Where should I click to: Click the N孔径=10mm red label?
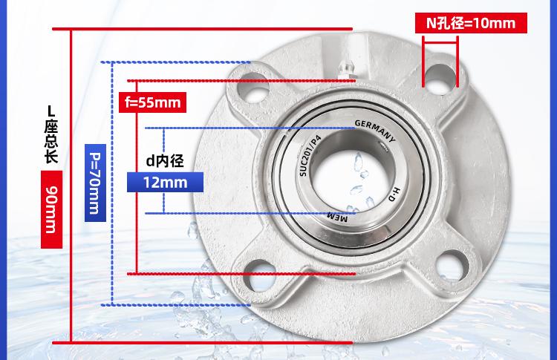pyautogui.click(x=471, y=23)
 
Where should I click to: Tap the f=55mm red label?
pyautogui.click(x=152, y=102)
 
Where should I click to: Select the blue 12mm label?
pyautogui.click(x=165, y=182)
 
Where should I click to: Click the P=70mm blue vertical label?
pyautogui.click(x=95, y=183)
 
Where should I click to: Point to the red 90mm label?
pyautogui.click(x=51, y=209)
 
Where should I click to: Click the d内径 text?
pyautogui.click(x=165, y=161)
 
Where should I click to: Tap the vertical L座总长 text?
pyautogui.click(x=51, y=134)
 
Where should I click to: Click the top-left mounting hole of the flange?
pyautogui.click(x=253, y=88)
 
